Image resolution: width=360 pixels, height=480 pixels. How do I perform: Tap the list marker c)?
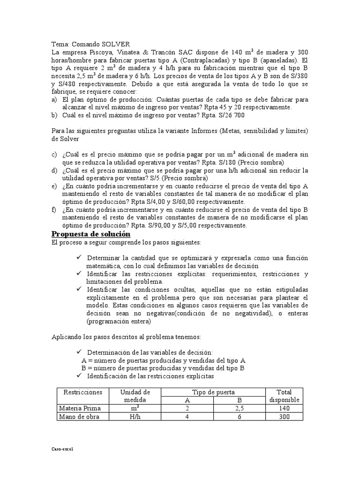pyautogui.click(x=54, y=154)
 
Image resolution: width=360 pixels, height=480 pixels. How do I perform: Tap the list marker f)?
pyautogui.click(x=54, y=210)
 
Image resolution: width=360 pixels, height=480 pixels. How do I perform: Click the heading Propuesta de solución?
pyautogui.click(x=90, y=234)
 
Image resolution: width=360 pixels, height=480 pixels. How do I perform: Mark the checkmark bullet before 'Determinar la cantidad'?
pyautogui.click(x=78, y=258)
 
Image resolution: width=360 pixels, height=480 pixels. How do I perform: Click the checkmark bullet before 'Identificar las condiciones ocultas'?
pyautogui.click(x=78, y=290)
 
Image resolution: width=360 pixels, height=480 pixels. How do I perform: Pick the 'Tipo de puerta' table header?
pyautogui.click(x=214, y=392)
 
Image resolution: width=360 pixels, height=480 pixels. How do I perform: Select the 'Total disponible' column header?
pyautogui.click(x=284, y=396)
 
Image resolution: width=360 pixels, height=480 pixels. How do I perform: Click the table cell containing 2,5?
pyautogui.click(x=239, y=408)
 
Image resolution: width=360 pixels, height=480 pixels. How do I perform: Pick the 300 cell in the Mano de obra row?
pyautogui.click(x=284, y=417)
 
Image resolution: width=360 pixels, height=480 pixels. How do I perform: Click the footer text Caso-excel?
pyautogui.click(x=62, y=449)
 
